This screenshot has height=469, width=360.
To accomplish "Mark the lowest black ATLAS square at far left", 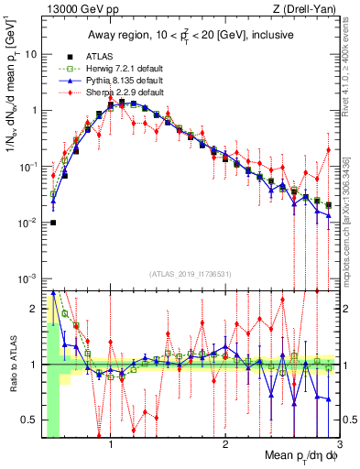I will [x=53, y=223].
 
